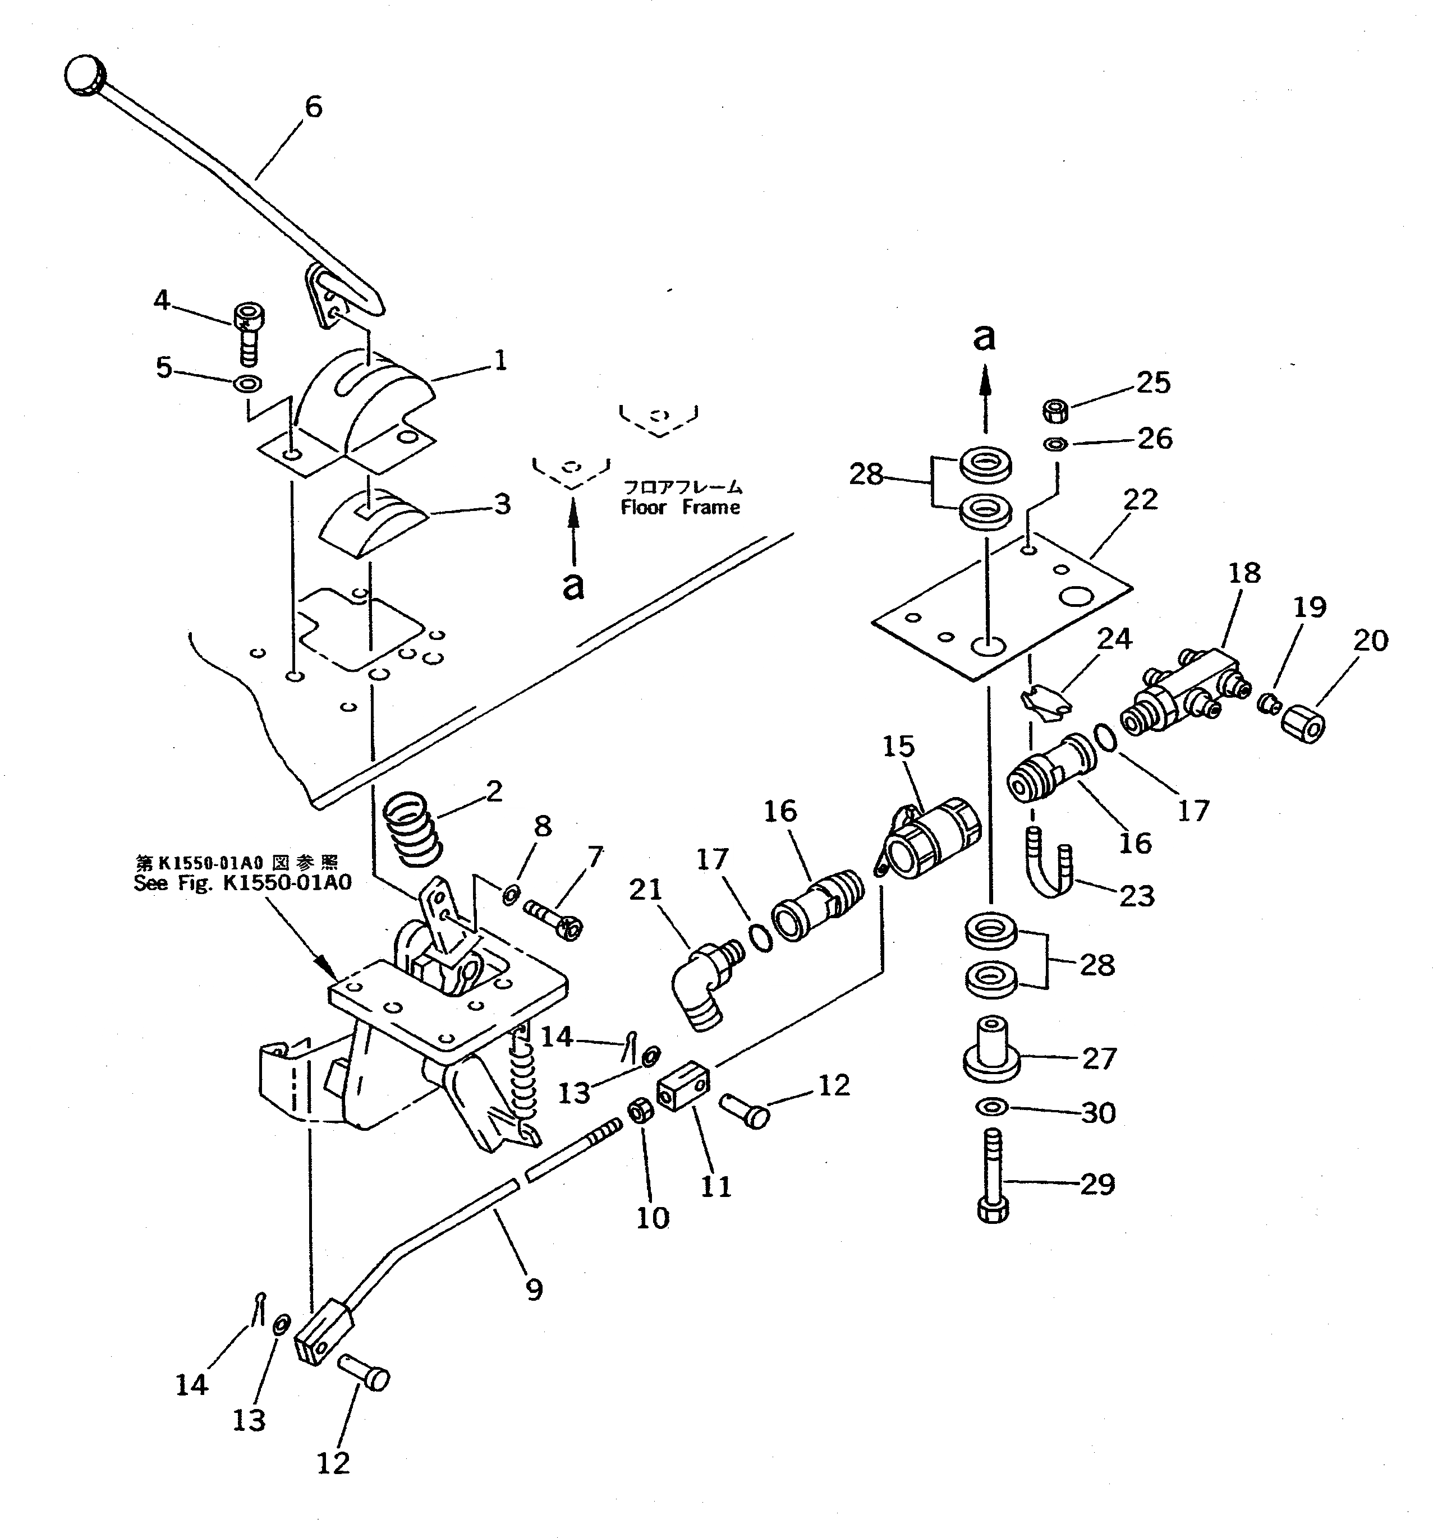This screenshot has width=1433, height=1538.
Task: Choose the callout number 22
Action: click(1140, 499)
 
